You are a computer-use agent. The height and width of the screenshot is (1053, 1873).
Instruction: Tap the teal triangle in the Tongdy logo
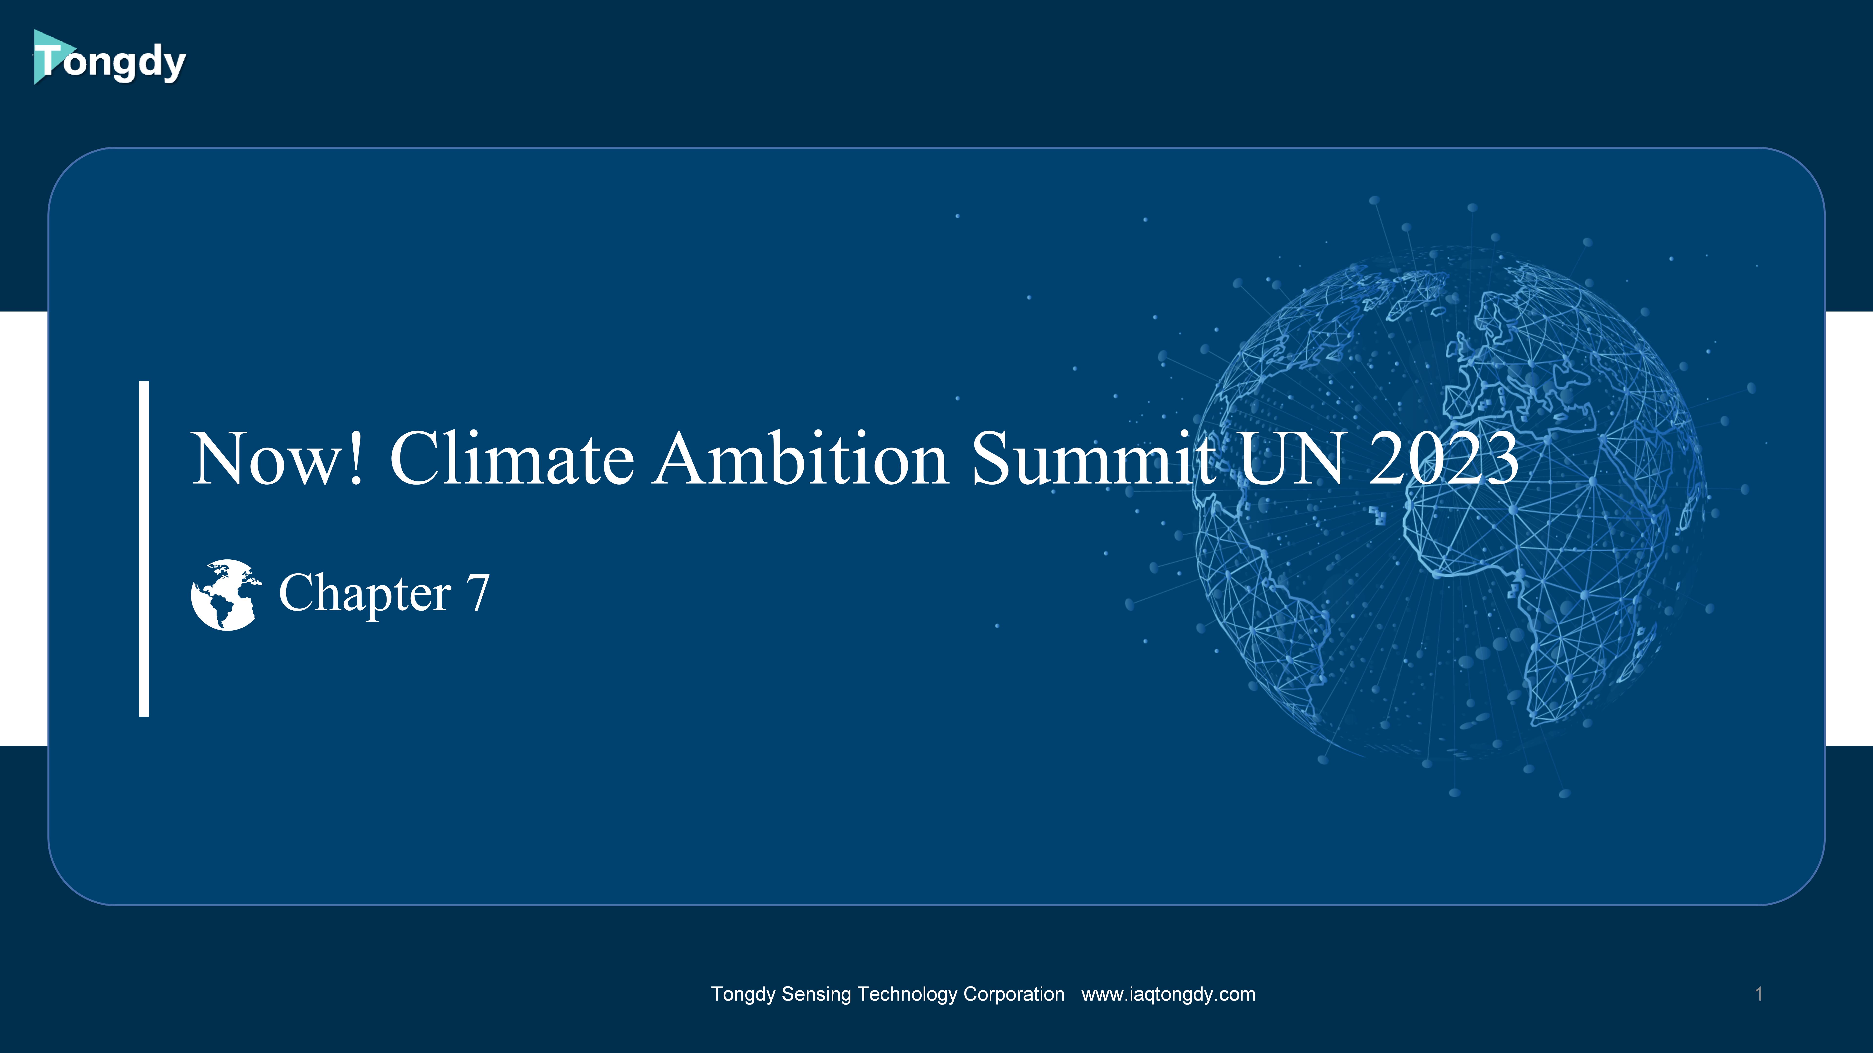50,57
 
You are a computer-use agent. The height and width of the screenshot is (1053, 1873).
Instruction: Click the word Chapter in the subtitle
365,594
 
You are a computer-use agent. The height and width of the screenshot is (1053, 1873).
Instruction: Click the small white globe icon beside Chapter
225,595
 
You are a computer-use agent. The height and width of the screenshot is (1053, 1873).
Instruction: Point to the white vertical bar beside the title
144,549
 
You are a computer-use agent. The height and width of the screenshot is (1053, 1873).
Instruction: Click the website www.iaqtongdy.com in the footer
1168,994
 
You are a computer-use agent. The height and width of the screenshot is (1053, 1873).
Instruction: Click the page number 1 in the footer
1759,994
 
